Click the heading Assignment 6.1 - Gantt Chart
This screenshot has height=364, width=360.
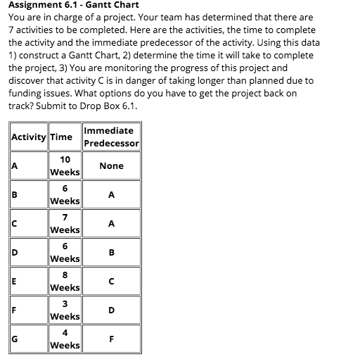pyautogui.click(x=73, y=5)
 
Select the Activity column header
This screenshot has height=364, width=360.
pyautogui.click(x=29, y=137)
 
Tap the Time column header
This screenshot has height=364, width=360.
pyautogui.click(x=64, y=137)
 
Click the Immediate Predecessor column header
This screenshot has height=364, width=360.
pyautogui.click(x=111, y=137)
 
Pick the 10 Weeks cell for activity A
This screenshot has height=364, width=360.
pyautogui.click(x=64, y=166)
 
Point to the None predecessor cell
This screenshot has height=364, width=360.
pyautogui.click(x=111, y=166)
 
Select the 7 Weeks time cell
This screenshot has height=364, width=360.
pyautogui.click(x=64, y=224)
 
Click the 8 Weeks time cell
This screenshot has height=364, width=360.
pyautogui.click(x=64, y=281)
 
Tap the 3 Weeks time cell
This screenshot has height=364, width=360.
pyautogui.click(x=64, y=310)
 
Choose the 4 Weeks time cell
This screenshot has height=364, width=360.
pyautogui.click(x=64, y=339)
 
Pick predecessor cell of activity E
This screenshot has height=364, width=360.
pyautogui.click(x=111, y=281)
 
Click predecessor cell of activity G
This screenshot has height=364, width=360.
pyautogui.click(x=111, y=339)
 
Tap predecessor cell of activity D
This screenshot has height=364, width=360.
pyautogui.click(x=111, y=253)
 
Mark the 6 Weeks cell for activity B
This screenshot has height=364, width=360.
pyautogui.click(x=64, y=195)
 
